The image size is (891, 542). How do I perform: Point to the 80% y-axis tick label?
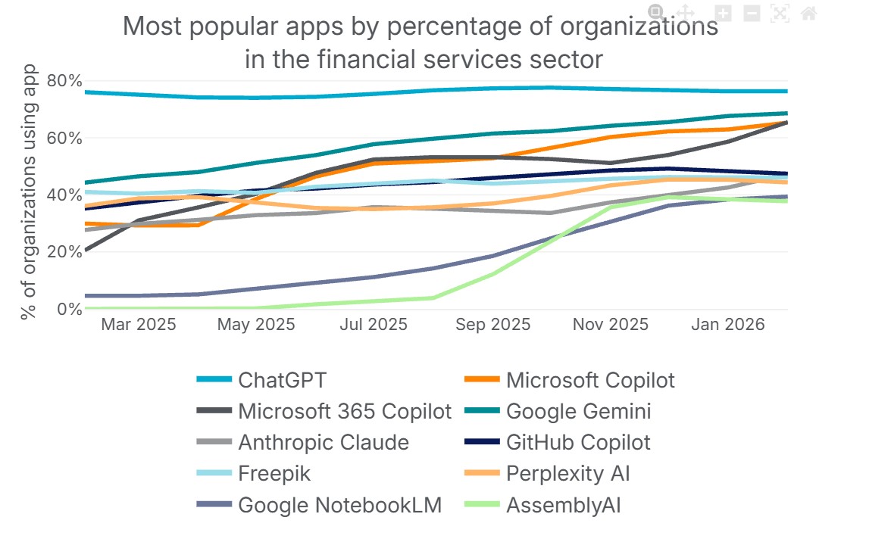65,80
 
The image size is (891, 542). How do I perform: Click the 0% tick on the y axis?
70,310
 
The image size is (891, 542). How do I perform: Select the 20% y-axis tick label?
65,252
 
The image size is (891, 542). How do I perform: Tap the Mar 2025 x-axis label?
139,324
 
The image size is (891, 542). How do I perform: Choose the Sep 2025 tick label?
492,324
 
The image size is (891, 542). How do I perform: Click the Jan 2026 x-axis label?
728,324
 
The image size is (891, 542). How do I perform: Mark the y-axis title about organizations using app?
29,192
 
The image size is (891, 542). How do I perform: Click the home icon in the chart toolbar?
808,13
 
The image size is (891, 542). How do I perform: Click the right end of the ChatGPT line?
788,91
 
